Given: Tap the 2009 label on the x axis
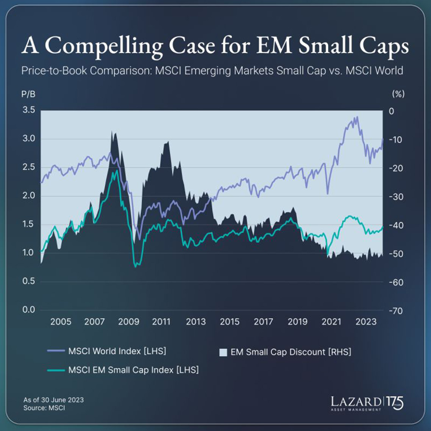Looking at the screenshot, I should coord(129,322).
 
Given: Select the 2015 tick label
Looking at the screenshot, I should coord(230,322).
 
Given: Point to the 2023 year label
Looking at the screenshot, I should coord(366,322).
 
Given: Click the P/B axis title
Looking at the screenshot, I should coord(28,94).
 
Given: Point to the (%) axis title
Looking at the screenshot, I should coord(398,94).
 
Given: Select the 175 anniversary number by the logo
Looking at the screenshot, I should coord(395,403).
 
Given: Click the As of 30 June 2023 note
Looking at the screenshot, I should coord(53,400).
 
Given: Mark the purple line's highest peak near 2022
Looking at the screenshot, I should coord(356,117).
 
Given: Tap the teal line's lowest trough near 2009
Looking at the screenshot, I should coord(136,267).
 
